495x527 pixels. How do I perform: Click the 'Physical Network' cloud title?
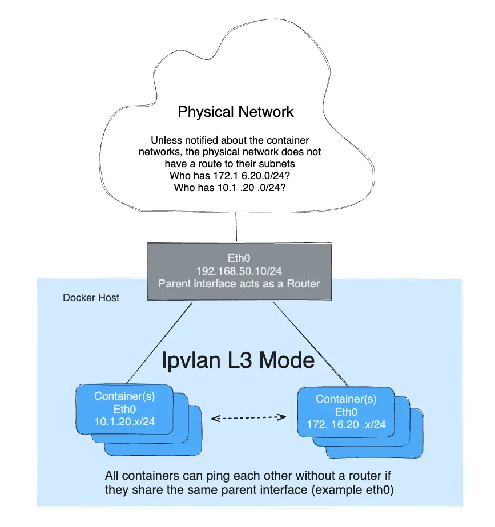click(x=236, y=111)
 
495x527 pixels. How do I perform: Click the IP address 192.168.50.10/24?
click(x=239, y=271)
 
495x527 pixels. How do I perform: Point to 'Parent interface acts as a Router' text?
click(x=239, y=283)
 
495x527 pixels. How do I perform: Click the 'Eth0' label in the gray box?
click(x=239, y=258)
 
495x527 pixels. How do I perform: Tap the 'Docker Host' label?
click(x=91, y=298)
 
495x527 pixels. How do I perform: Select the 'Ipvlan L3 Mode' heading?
click(x=238, y=360)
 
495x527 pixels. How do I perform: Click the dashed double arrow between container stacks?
click(x=248, y=419)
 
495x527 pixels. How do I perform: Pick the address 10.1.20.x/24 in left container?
click(x=124, y=422)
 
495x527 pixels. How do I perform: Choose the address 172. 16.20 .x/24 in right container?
click(x=346, y=425)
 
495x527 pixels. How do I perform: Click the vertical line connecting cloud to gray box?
click(x=236, y=228)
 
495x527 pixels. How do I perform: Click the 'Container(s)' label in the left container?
click(x=124, y=396)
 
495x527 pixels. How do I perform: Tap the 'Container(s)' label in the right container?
click(x=346, y=399)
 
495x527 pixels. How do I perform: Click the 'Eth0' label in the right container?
click(x=346, y=412)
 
